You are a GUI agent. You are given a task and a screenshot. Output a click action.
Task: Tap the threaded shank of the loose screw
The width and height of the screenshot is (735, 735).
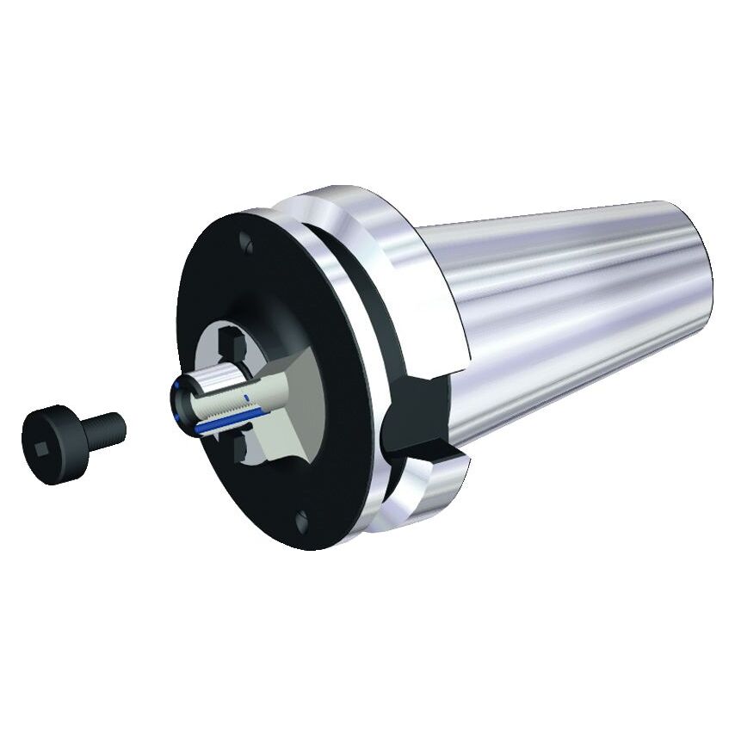[x=105, y=426]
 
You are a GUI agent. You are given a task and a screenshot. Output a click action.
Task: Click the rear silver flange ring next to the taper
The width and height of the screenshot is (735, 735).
[x=405, y=258]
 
